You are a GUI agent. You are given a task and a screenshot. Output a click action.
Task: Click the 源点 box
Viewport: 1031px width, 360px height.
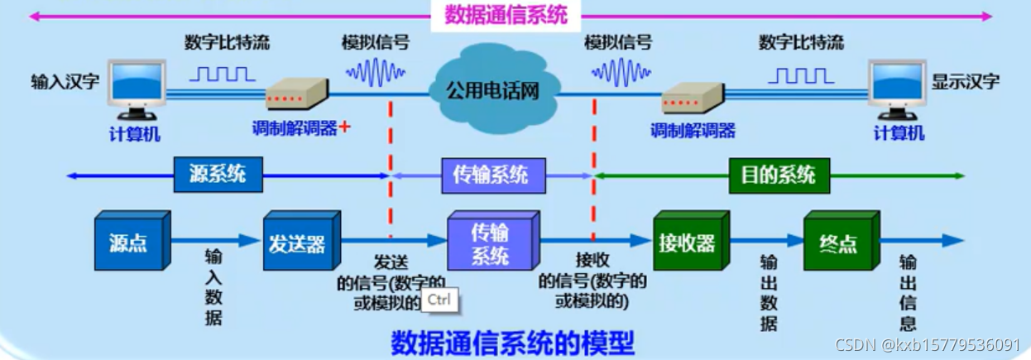(x=129, y=242)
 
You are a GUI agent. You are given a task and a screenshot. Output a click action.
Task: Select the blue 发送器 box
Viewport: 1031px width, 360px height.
(x=299, y=242)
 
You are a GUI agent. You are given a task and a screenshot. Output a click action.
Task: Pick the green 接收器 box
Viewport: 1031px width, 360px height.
(x=688, y=242)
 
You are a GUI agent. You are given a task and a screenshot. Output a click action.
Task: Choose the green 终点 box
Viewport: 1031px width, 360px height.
(x=838, y=242)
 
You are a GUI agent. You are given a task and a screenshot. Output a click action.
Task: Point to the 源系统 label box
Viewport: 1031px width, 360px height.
(x=218, y=175)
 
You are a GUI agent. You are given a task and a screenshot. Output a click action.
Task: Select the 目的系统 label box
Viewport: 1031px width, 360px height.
(x=778, y=175)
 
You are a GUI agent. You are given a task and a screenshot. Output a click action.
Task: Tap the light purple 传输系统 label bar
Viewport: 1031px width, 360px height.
(x=491, y=175)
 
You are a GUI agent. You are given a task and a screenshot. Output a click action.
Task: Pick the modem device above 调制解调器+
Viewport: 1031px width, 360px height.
(x=295, y=94)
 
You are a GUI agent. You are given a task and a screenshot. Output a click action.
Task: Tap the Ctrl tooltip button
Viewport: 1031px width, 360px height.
(x=439, y=300)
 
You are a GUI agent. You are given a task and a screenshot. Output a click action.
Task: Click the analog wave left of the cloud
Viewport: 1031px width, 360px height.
(x=376, y=74)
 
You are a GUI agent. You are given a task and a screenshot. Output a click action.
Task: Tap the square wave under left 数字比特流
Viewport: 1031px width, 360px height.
(x=223, y=74)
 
